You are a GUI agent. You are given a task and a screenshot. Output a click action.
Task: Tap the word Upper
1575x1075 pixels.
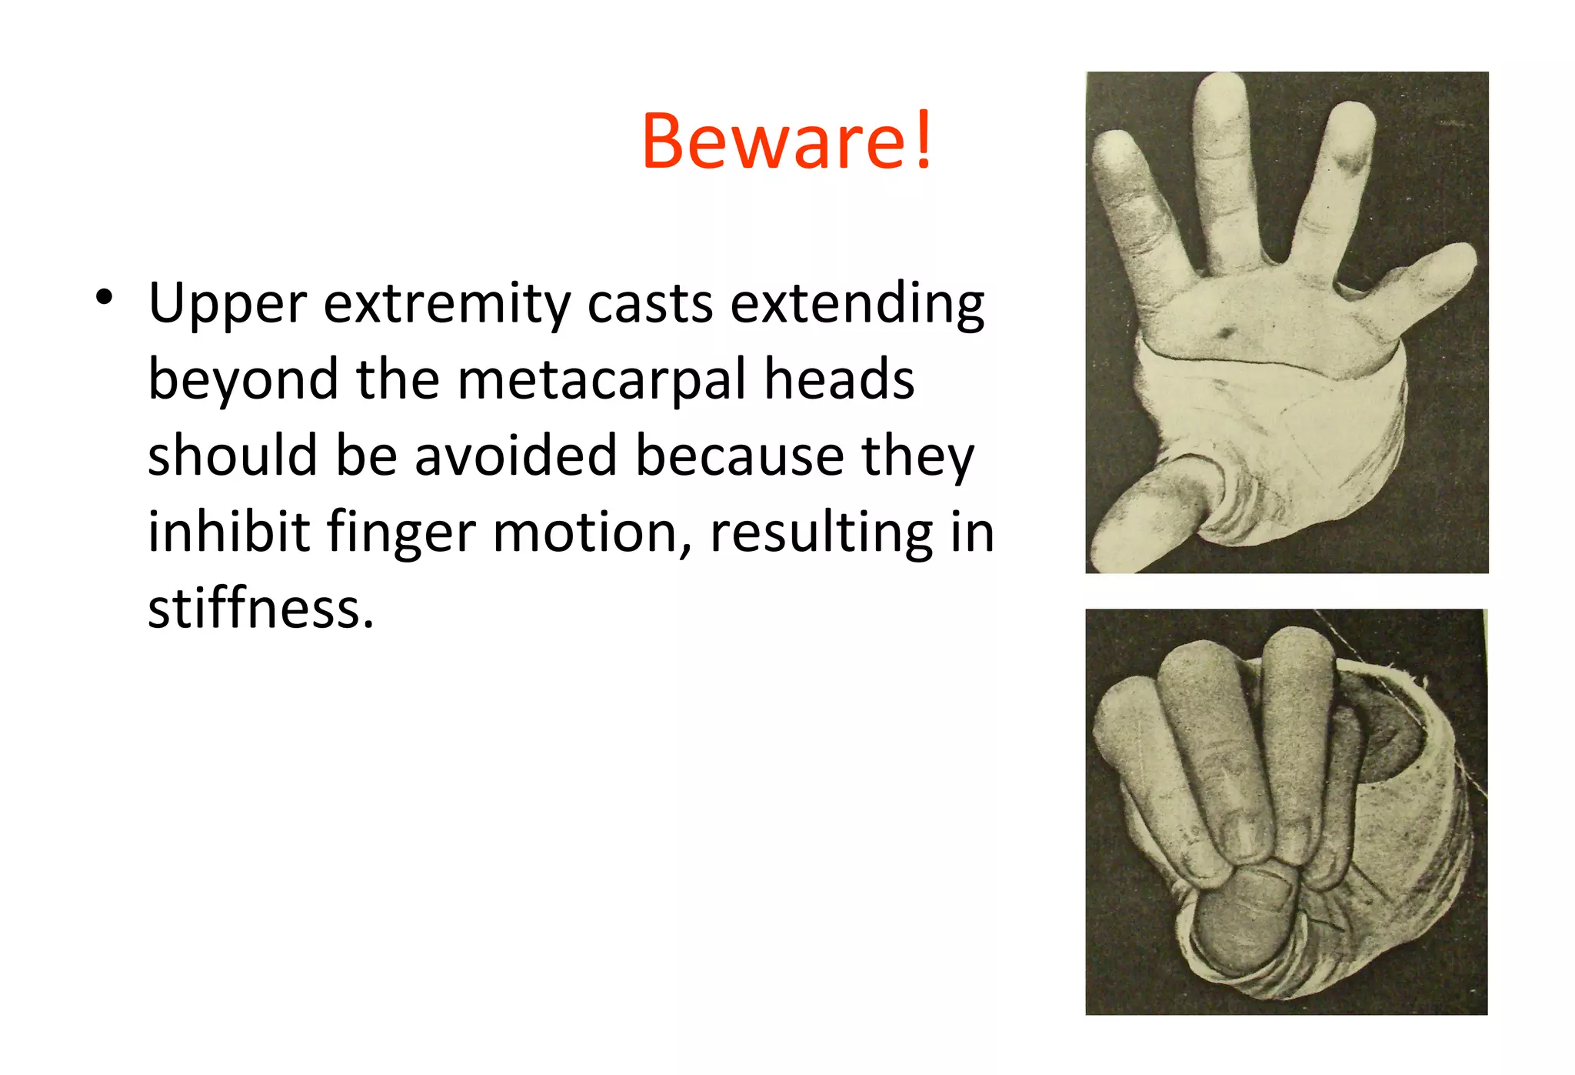228,305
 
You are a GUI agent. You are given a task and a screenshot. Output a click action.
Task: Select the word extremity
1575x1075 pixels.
447,305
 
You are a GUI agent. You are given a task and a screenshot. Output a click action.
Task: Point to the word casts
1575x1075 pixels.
651,303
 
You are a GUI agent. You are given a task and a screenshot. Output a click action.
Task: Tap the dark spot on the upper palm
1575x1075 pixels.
1224,332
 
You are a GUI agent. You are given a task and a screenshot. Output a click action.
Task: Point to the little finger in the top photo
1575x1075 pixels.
1430,273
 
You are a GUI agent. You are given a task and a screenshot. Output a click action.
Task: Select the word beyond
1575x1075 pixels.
243,381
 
